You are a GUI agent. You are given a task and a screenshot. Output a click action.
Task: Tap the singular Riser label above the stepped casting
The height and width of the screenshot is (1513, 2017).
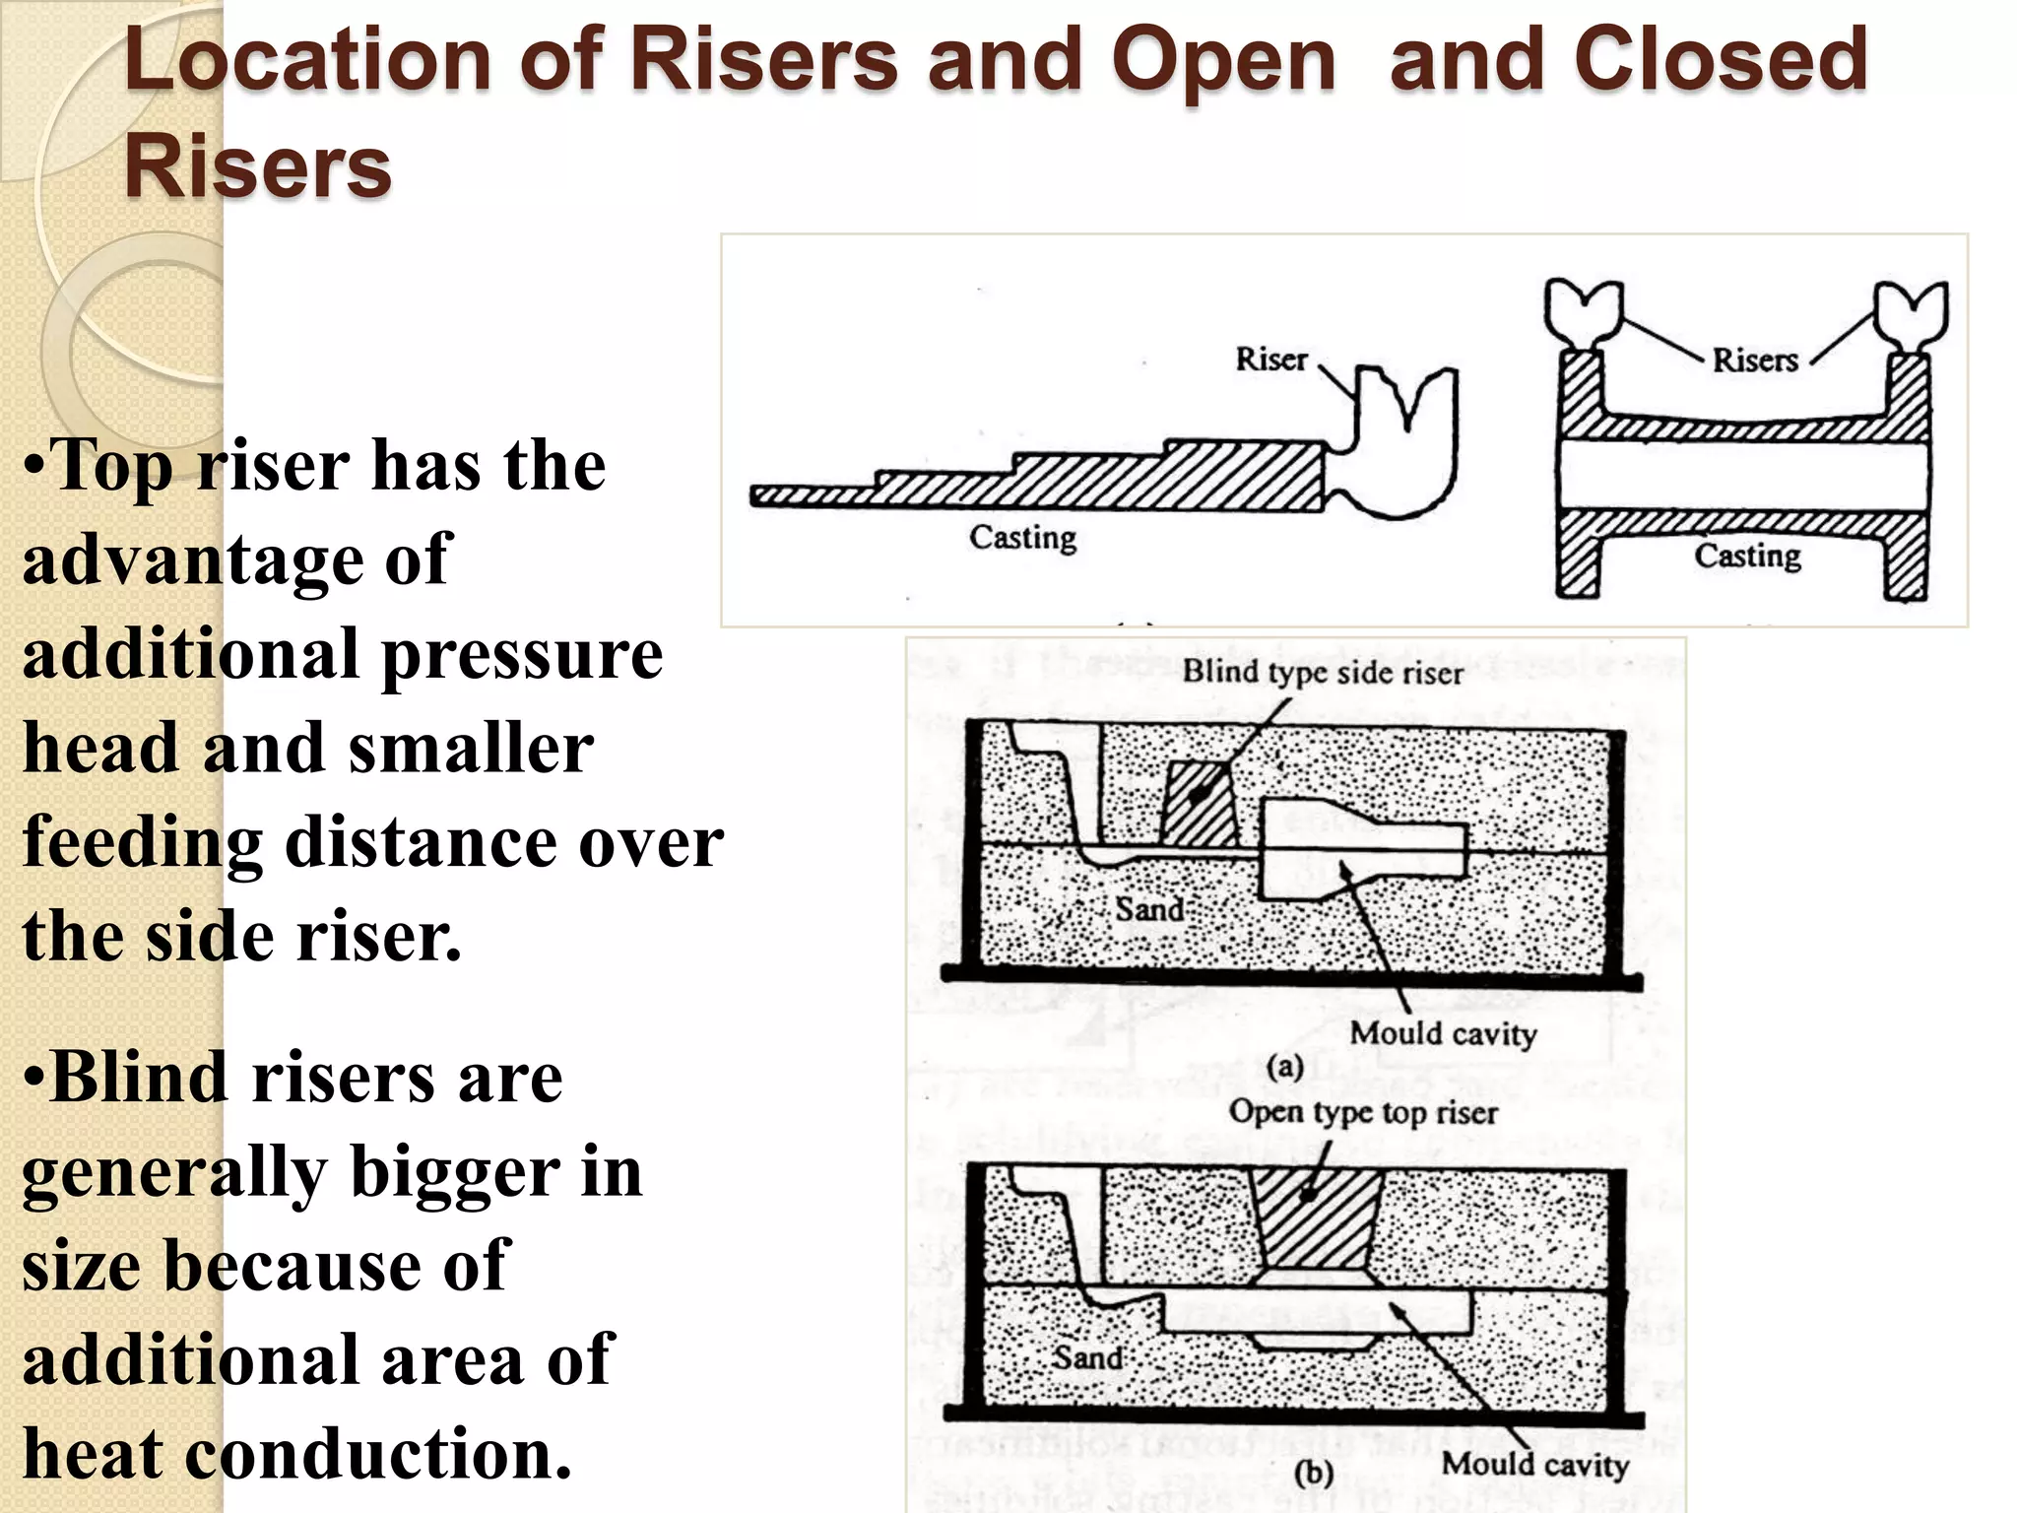(x=1270, y=359)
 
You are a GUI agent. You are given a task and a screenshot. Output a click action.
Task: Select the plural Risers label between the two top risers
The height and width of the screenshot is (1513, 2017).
(x=1754, y=360)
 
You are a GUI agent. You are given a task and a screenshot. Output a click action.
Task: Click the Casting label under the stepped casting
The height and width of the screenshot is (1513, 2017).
(x=1022, y=538)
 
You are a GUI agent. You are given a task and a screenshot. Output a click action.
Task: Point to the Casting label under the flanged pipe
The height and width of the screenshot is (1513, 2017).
(x=1747, y=556)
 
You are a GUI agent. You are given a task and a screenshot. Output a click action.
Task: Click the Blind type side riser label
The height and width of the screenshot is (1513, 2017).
(x=1322, y=673)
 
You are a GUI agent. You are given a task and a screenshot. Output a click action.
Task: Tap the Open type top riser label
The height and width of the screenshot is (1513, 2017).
(x=1363, y=1112)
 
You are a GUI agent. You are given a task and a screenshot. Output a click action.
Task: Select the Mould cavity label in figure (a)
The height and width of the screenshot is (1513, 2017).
(x=1443, y=1033)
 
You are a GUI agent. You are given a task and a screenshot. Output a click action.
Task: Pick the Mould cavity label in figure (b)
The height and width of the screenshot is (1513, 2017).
(x=1534, y=1465)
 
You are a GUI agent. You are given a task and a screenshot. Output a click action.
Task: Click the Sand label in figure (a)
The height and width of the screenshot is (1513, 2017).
(x=1148, y=908)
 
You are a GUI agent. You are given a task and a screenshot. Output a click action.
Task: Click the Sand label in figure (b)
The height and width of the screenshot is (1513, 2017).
(x=1087, y=1357)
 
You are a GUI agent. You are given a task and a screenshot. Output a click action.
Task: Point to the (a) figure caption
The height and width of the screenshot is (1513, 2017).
(x=1284, y=1067)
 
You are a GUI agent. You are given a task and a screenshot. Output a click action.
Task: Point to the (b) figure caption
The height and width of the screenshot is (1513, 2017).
(x=1313, y=1474)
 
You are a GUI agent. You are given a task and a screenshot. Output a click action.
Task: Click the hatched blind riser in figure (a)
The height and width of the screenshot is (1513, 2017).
(x=1200, y=803)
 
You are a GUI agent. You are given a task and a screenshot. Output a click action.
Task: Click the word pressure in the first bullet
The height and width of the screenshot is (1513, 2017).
(x=522, y=655)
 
